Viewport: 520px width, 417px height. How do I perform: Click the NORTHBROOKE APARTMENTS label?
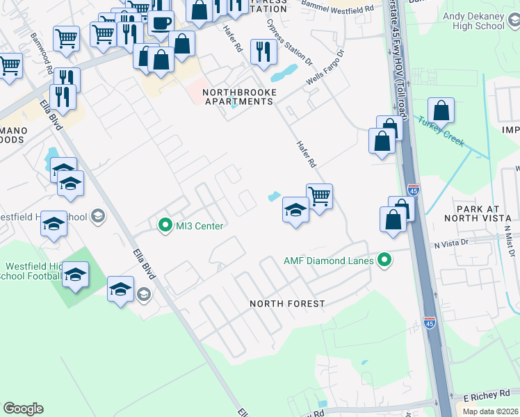click(x=238, y=97)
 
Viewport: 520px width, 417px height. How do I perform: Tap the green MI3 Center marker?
click(x=165, y=225)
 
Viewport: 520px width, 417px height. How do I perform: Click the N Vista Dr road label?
click(x=453, y=245)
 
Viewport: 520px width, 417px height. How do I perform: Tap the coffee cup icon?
click(x=161, y=21)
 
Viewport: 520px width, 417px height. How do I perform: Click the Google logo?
click(x=23, y=409)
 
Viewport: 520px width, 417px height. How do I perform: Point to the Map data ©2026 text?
click(x=490, y=411)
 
